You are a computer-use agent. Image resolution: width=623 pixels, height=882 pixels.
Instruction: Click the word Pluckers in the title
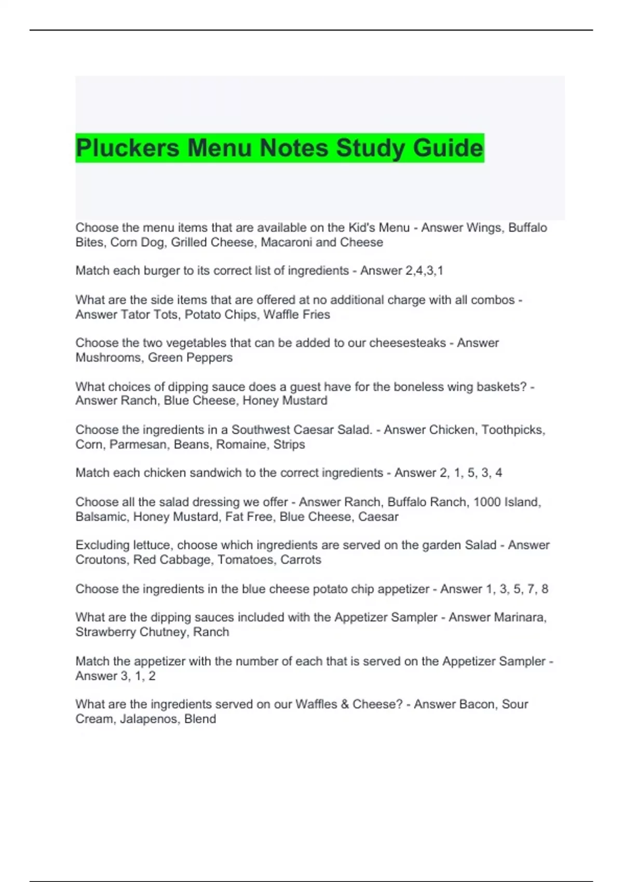click(128, 148)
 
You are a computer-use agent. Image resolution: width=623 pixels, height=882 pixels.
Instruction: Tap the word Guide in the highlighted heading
click(448, 148)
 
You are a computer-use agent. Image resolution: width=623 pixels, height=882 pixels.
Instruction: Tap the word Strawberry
click(104, 632)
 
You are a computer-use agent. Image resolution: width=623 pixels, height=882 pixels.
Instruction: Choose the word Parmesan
click(138, 445)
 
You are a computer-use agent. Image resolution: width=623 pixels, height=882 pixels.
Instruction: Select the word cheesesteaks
click(408, 343)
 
